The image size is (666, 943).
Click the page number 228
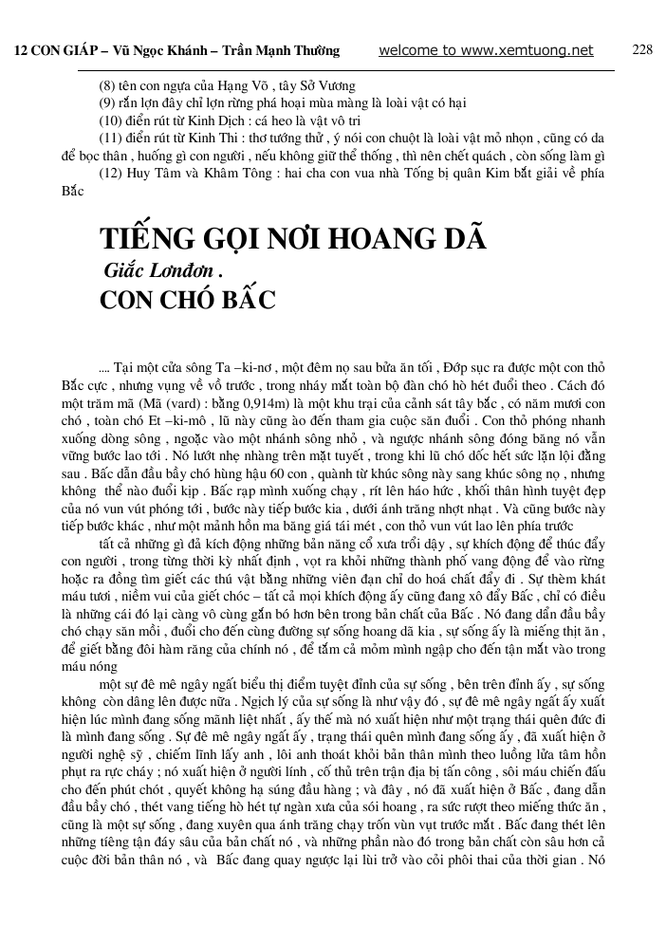coord(642,49)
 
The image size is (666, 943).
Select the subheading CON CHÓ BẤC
coord(187,301)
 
